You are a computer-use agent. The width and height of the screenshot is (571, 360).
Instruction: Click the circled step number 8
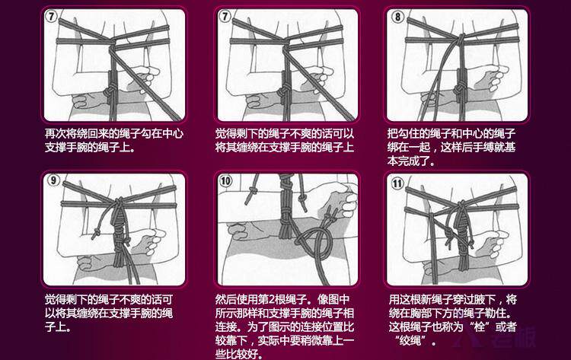(397, 17)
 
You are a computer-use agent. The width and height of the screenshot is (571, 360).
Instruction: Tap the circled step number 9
(53, 180)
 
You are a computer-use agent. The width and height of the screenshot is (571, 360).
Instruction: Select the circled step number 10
(226, 181)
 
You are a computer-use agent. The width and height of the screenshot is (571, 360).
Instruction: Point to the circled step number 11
(397, 183)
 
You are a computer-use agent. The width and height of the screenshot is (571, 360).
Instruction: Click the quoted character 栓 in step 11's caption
(479, 327)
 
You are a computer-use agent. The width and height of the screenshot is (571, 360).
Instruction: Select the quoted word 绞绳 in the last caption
(410, 341)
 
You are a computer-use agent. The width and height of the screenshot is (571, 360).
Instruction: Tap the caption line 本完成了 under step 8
(411, 161)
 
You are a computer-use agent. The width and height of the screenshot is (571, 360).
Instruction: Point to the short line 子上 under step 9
(58, 327)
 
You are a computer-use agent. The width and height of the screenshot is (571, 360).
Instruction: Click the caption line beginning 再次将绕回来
(114, 134)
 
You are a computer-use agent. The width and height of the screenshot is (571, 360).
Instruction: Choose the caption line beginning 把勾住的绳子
(451, 134)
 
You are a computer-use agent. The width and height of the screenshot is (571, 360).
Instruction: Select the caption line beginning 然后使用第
(282, 300)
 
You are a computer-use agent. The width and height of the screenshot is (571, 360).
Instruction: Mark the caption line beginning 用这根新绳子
(453, 300)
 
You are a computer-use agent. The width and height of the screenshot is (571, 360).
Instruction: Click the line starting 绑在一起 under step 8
(451, 148)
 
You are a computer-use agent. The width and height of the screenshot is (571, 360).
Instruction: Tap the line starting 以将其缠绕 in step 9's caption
(109, 313)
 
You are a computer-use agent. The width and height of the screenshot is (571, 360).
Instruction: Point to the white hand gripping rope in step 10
(340, 202)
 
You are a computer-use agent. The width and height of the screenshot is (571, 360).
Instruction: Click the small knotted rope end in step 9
(96, 233)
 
